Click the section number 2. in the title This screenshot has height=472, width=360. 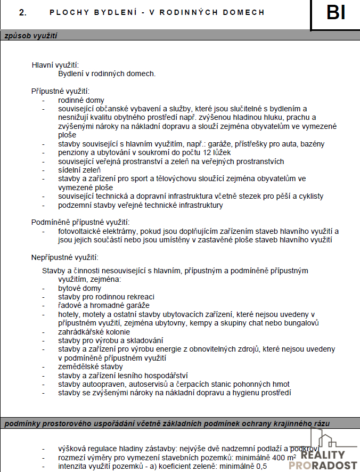[22, 12]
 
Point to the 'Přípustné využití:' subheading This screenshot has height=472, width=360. [60, 91]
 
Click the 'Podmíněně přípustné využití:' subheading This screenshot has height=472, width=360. [81, 222]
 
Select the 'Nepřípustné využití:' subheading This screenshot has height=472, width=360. [64, 257]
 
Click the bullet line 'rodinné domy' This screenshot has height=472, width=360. [81, 100]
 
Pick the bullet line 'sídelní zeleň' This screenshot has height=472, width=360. [79, 170]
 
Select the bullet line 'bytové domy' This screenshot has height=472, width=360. [79, 288]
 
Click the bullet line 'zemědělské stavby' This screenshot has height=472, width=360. [90, 367]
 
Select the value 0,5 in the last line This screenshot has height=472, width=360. [261, 467]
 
